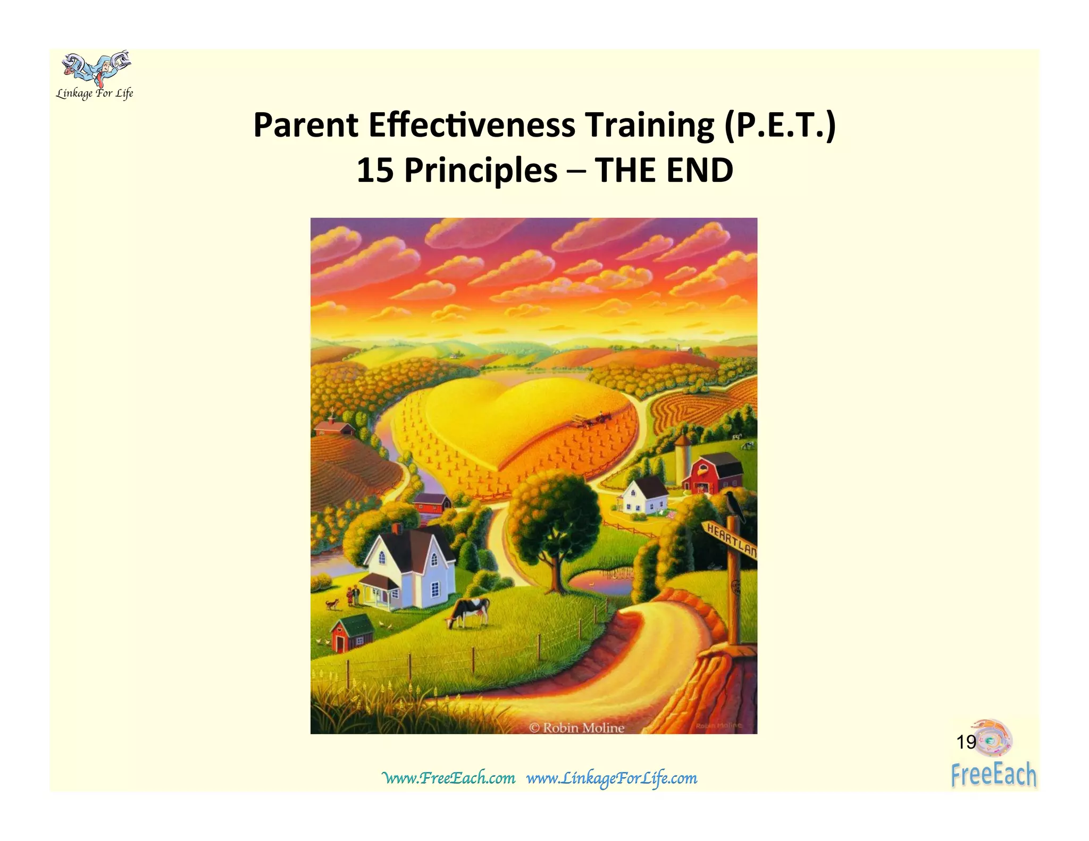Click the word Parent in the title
click(x=306, y=125)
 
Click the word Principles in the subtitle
click(x=481, y=171)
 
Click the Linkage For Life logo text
click(x=95, y=94)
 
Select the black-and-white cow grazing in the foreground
click(x=469, y=611)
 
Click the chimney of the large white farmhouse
click(x=396, y=528)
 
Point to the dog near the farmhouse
click(x=332, y=603)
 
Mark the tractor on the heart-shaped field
click(x=590, y=420)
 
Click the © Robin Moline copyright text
click(x=577, y=728)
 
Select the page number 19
click(x=966, y=742)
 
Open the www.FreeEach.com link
click(x=449, y=778)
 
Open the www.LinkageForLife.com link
click(x=611, y=778)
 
